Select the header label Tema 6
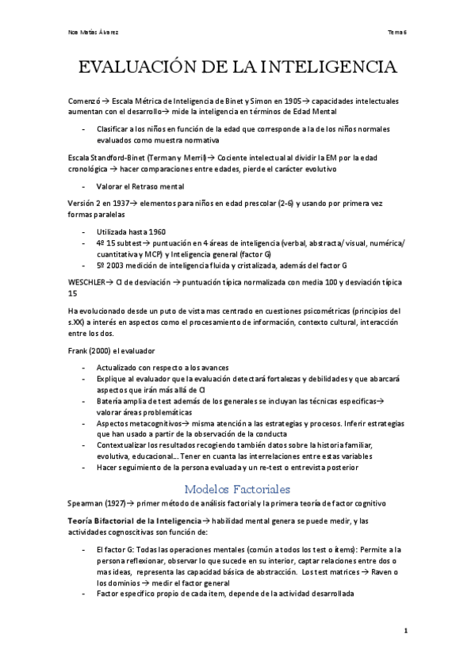click(x=396, y=32)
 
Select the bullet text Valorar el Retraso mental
click(x=140, y=186)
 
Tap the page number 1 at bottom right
click(x=404, y=631)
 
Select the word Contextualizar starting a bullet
click(x=121, y=446)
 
